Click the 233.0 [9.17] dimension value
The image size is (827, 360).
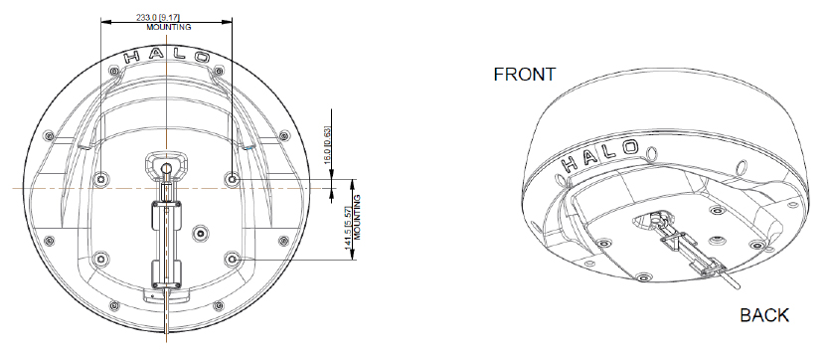(158, 18)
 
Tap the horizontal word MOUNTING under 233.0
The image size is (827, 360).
(169, 27)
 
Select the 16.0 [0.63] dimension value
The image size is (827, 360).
(327, 145)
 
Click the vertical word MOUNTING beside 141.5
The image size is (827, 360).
(357, 217)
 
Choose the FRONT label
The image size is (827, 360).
(524, 75)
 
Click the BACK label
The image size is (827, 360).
(764, 315)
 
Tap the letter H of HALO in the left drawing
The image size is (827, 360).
(132, 57)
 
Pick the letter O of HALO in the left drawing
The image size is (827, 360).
(202, 57)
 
